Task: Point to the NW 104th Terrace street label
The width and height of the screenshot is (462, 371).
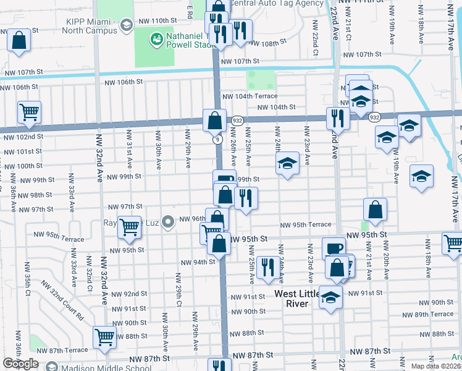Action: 250,96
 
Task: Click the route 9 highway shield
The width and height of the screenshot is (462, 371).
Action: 219,140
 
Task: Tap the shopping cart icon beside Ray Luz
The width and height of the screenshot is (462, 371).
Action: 129,227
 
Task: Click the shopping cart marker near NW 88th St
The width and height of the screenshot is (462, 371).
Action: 104,336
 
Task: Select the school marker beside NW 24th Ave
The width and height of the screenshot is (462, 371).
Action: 287,164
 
